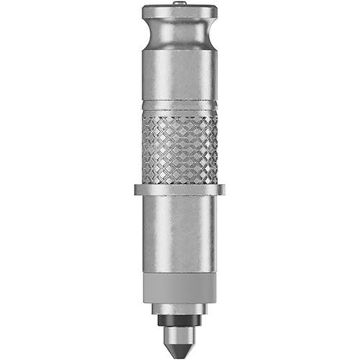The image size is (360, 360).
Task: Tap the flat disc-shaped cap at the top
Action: click(x=180, y=13)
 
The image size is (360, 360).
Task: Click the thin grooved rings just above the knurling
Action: click(x=180, y=106)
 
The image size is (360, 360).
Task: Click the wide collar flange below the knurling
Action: click(x=180, y=189)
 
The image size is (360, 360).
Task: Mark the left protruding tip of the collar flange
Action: click(x=137, y=189)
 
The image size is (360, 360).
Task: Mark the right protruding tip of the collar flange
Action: click(x=223, y=189)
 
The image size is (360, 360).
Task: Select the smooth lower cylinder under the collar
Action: click(x=180, y=231)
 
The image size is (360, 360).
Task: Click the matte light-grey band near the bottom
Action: click(x=180, y=289)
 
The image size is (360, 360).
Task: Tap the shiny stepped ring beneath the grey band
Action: click(x=180, y=309)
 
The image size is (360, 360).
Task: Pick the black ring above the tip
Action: click(x=180, y=320)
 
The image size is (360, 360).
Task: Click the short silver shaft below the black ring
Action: click(x=180, y=329)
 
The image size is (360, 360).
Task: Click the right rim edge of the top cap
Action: click(x=215, y=13)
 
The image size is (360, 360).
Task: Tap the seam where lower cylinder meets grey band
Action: click(x=180, y=273)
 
